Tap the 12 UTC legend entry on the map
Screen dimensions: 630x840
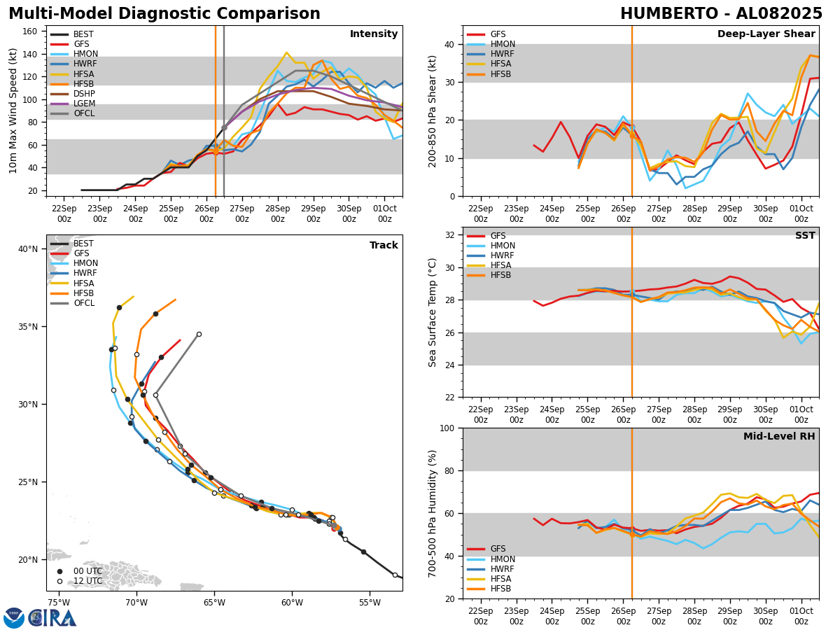click(x=87, y=581)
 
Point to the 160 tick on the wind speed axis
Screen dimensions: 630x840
click(x=31, y=31)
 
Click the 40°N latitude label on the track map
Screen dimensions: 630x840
click(x=28, y=249)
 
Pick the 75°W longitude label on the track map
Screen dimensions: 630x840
click(x=58, y=603)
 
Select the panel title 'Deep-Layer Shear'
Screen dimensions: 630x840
click(x=766, y=34)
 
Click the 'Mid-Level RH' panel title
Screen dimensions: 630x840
click(x=779, y=437)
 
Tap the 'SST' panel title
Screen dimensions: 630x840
click(x=805, y=236)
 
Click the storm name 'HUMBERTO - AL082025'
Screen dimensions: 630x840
click(x=721, y=14)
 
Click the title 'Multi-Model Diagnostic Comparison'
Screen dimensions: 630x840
click(x=164, y=14)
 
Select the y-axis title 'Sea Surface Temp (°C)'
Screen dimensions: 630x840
click(x=433, y=312)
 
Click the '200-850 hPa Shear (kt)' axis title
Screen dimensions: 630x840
click(x=433, y=111)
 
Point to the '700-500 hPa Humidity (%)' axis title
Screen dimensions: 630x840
click(x=433, y=513)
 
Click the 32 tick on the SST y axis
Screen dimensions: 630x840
click(x=449, y=234)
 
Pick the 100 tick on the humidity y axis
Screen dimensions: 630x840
click(x=446, y=428)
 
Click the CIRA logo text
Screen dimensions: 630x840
click(x=52, y=617)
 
